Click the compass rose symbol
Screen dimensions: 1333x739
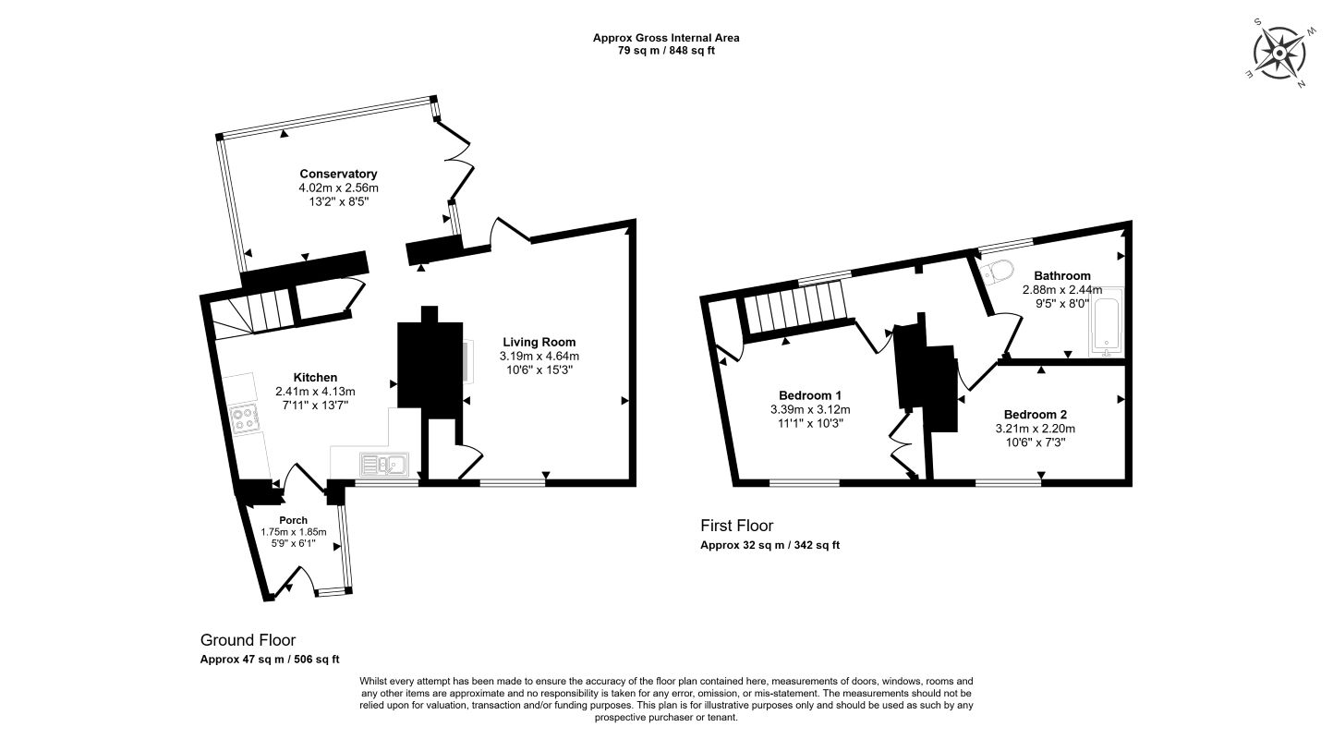point(1279,55)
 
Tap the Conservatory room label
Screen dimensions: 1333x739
point(338,174)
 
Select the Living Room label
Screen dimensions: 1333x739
point(539,342)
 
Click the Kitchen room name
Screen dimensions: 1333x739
point(315,377)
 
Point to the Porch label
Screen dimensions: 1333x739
point(294,520)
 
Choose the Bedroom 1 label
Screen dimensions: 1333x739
point(810,395)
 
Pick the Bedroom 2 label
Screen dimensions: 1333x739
point(1036,415)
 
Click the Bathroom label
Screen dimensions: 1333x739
point(1062,275)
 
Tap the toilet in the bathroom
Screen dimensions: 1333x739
point(997,272)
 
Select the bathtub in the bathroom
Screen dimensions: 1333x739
point(1106,321)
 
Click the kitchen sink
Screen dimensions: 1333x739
point(384,464)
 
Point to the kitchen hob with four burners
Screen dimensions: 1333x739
point(245,418)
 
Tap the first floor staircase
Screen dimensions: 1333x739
point(797,309)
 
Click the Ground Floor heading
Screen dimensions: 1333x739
point(248,640)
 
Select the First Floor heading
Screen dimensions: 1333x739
point(737,526)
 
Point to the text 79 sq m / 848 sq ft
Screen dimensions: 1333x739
point(666,51)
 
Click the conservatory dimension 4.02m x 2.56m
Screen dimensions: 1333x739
point(339,188)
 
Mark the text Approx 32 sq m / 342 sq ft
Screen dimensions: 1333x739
point(770,545)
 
